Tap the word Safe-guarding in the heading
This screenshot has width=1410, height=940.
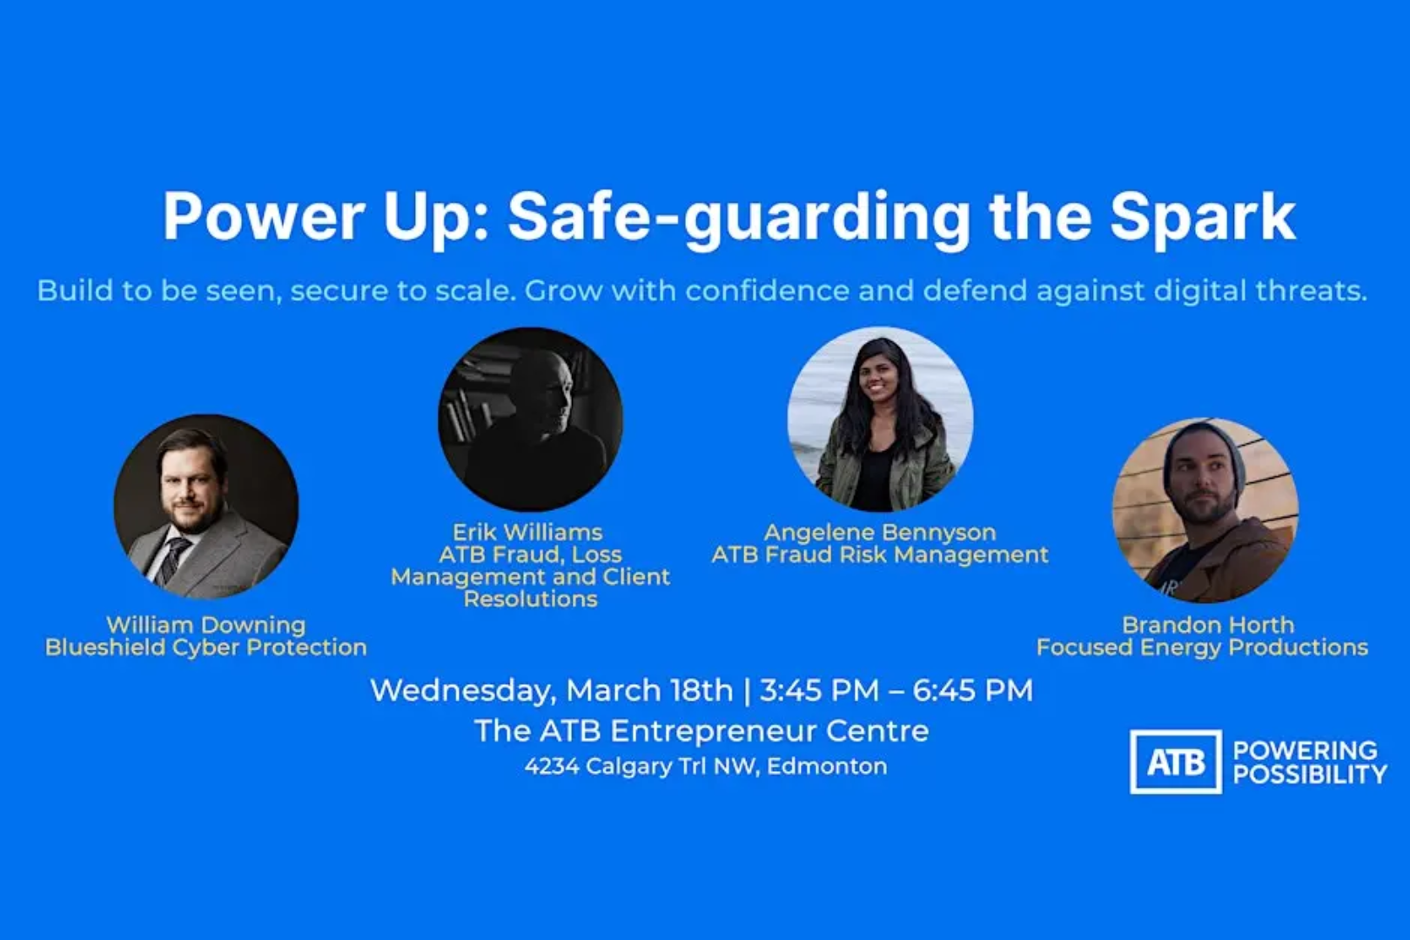coord(738,218)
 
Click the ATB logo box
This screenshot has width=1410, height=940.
coord(1175,762)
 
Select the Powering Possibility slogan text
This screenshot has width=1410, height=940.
coord(1309,762)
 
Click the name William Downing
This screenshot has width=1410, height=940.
coord(205,625)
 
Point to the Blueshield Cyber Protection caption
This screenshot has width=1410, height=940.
coord(205,648)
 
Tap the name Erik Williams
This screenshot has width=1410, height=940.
coord(527,533)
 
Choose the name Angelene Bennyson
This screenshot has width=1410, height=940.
coord(879,533)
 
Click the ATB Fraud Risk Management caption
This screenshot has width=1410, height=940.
coord(879,555)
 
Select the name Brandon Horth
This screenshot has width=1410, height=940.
coord(1207,625)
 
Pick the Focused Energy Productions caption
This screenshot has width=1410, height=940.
coord(1202,648)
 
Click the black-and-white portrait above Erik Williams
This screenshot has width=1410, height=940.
coord(530,419)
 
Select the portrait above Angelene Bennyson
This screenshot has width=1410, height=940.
coord(880,419)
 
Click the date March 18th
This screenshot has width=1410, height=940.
coord(649,690)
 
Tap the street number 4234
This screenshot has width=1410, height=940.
coord(551,767)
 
